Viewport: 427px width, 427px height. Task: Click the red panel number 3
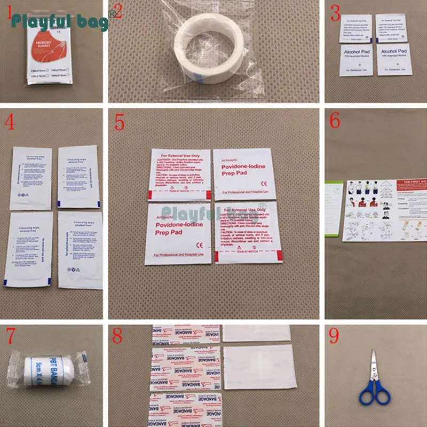tap(335, 11)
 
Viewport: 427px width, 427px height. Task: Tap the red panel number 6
tap(335, 121)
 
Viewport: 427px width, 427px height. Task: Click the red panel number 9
tap(335, 337)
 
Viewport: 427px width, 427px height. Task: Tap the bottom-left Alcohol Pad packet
tap(354, 59)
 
